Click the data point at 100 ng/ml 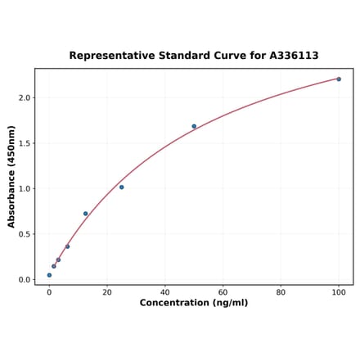(339, 79)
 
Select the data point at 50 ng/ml (194, 126)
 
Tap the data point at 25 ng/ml (121, 187)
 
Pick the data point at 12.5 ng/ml (85, 214)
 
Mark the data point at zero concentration (49, 275)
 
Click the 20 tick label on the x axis (107, 291)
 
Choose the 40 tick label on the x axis (165, 291)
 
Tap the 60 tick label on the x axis (223, 291)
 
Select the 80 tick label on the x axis (281, 291)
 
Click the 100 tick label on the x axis (339, 291)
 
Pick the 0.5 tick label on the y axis (25, 234)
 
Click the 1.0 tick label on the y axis (25, 189)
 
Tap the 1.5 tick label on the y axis (25, 143)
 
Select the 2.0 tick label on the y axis (25, 98)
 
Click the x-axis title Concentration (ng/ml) (194, 303)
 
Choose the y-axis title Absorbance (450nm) (11, 177)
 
